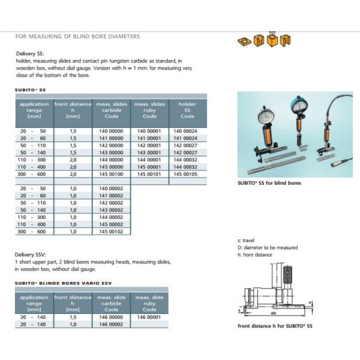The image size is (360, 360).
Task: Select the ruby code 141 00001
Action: coord(150,137)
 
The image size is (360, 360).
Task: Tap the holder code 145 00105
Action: coord(187,173)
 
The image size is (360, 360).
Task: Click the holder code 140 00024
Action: coord(187,130)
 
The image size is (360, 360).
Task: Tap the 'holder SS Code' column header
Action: coord(187,110)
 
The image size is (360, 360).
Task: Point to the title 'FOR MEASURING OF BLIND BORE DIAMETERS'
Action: coord(77,37)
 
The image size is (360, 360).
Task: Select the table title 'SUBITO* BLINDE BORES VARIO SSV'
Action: coord(63,283)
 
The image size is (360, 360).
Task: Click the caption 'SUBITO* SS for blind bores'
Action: coord(269,183)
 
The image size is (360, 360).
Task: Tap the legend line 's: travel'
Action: coord(246,241)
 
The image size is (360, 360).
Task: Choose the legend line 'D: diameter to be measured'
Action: coord(268,247)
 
